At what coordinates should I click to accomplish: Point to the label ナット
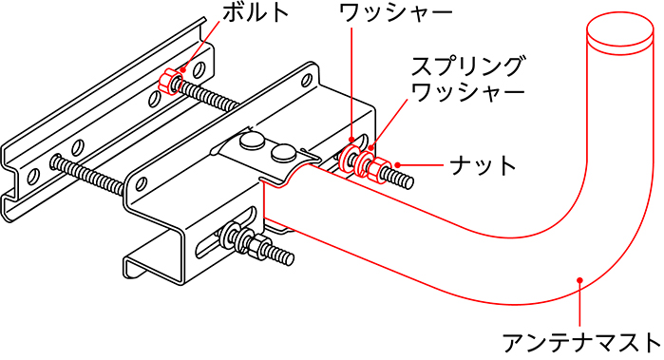coord(494,165)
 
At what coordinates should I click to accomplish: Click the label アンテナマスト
coord(579,340)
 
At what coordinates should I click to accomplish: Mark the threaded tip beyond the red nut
coord(403,180)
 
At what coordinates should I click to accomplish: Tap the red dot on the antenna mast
coord(579,278)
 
